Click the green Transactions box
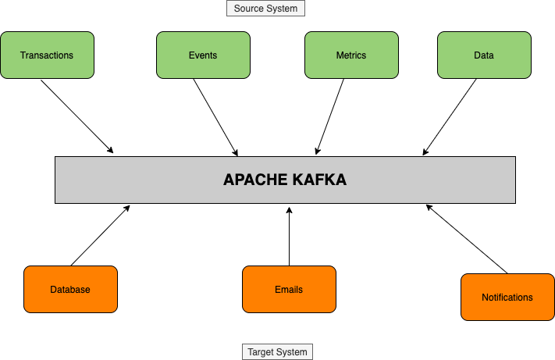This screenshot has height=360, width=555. pos(47,55)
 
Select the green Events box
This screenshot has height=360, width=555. pos(203,55)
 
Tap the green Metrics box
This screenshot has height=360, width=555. pos(351,55)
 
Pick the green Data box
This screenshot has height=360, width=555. pos(484,55)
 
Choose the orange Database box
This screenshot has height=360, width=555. pos(70,289)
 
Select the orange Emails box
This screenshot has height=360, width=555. pos(289,289)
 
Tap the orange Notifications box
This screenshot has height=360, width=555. pos(507,297)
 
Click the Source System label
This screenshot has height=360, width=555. pos(265,9)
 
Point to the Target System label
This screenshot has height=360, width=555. pos(278,352)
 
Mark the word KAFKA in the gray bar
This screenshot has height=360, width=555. pos(320,180)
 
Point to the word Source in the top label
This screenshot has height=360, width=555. pos(249,9)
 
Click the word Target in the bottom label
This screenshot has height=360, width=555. pos(261,352)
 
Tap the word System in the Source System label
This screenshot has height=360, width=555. pos(282,9)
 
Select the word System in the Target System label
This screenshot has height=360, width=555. pos(294,352)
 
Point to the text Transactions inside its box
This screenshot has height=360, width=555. pos(47,55)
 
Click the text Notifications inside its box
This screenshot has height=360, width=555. pos(507,298)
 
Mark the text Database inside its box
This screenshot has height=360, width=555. pos(70,290)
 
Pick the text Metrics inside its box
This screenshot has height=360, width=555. pos(351,55)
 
